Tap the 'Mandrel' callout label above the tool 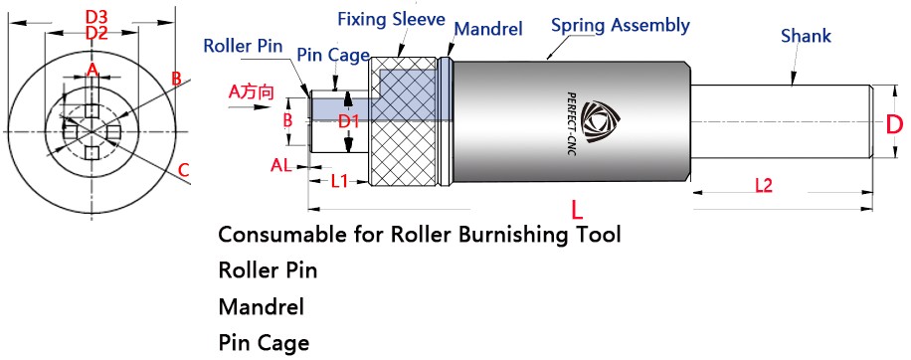pyautogui.click(x=488, y=29)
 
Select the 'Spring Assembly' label pyautogui.click(x=621, y=26)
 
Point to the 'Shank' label pyautogui.click(x=806, y=36)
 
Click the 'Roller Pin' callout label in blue pyautogui.click(x=243, y=46)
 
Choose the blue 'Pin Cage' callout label pyautogui.click(x=333, y=55)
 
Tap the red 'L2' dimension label pyautogui.click(x=764, y=186)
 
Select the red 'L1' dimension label pyautogui.click(x=339, y=182)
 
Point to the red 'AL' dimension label pyautogui.click(x=281, y=165)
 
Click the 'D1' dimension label pyautogui.click(x=350, y=122)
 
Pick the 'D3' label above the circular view pyautogui.click(x=95, y=16)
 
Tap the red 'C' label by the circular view pyautogui.click(x=184, y=171)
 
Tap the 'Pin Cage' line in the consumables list pyautogui.click(x=264, y=342)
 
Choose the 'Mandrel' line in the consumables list pyautogui.click(x=262, y=306)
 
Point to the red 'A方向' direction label pyautogui.click(x=251, y=91)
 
